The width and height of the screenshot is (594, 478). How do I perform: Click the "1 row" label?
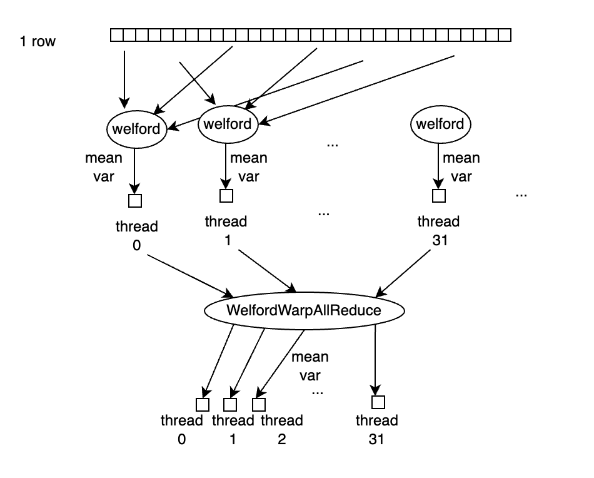[38, 42]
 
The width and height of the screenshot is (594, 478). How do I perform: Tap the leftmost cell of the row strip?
[116, 36]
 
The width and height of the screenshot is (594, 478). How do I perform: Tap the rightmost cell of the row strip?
[505, 36]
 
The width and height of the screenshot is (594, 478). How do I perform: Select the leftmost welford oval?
[136, 129]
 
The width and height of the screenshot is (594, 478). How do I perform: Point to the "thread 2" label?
[281, 429]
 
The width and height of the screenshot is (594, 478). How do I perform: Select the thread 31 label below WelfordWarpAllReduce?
[377, 429]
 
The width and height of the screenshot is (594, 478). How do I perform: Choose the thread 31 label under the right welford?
[438, 230]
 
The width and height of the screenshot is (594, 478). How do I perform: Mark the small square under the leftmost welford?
[135, 201]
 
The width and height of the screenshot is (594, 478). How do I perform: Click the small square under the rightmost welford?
[439, 196]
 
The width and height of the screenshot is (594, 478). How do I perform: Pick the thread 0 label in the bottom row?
[181, 429]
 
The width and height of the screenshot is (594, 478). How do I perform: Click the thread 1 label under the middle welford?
[226, 230]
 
